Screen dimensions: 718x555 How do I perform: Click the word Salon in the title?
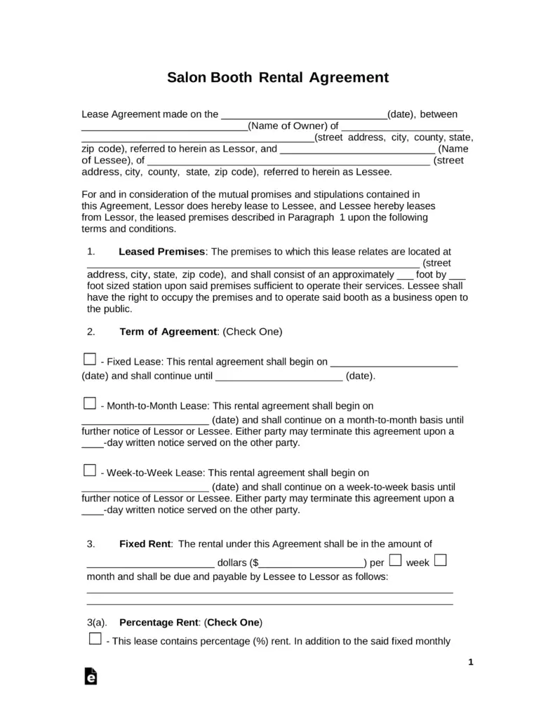pyautogui.click(x=186, y=77)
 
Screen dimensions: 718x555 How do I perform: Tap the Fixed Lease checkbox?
pyautogui.click(x=89, y=360)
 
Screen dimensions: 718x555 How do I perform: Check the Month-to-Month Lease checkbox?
pyautogui.click(x=89, y=403)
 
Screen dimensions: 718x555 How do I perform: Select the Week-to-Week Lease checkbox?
pyautogui.click(x=89, y=470)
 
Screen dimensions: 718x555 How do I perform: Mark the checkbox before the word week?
pyautogui.click(x=395, y=560)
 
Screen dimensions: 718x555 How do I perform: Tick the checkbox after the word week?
pyautogui.click(x=441, y=560)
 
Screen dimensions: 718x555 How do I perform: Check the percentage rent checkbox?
pyautogui.click(x=95, y=639)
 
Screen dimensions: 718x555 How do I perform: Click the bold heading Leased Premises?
pyautogui.click(x=162, y=251)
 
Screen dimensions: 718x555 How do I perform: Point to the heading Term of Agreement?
pyautogui.click(x=168, y=331)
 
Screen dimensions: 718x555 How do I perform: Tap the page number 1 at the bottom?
pyautogui.click(x=471, y=662)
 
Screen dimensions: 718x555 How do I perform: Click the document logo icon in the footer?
pyautogui.click(x=91, y=676)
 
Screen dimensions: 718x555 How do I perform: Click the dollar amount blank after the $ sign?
pyautogui.click(x=312, y=563)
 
